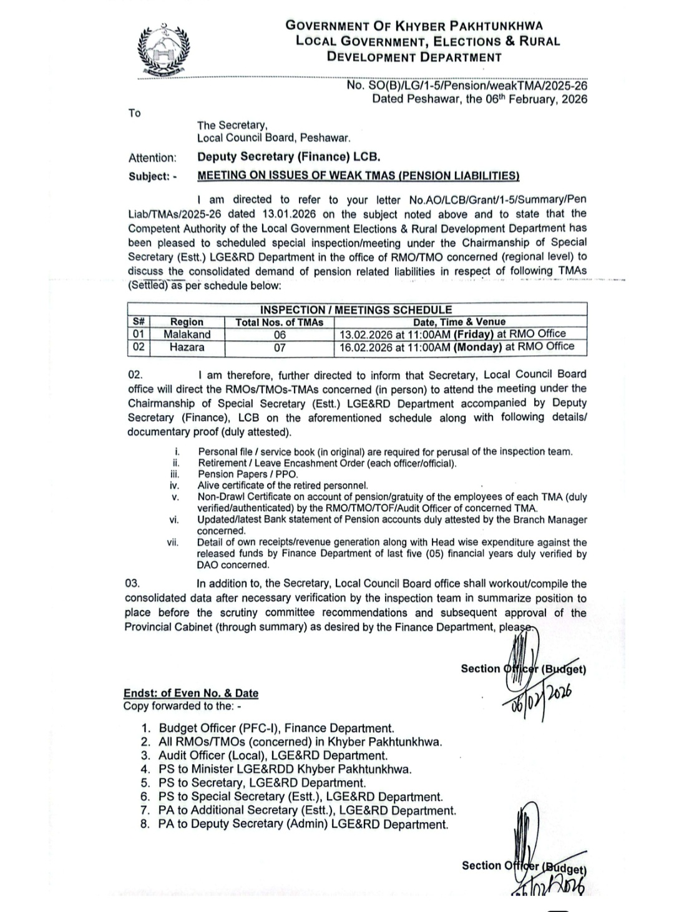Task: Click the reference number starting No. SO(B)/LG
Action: click(467, 86)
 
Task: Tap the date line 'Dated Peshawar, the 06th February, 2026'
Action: click(479, 99)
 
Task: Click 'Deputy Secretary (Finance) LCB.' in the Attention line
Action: click(288, 157)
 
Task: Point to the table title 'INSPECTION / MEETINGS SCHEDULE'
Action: click(356, 310)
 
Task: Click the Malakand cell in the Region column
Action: click(187, 335)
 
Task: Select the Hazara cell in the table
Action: click(187, 347)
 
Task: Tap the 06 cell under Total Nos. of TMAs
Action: click(280, 335)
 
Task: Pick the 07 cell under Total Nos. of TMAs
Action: click(280, 347)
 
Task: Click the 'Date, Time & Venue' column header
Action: click(459, 322)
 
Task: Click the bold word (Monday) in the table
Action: click(477, 346)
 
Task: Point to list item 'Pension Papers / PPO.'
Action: click(248, 474)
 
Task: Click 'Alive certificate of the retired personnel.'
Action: click(283, 486)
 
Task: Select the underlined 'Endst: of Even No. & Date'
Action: click(191, 693)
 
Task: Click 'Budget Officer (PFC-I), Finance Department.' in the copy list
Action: click(276, 728)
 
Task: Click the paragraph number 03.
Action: click(132, 584)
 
